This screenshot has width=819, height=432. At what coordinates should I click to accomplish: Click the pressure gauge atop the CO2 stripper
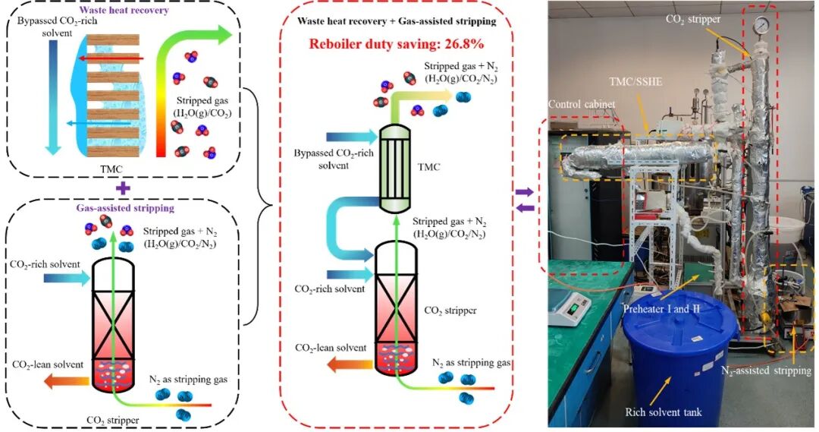click(x=758, y=24)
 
